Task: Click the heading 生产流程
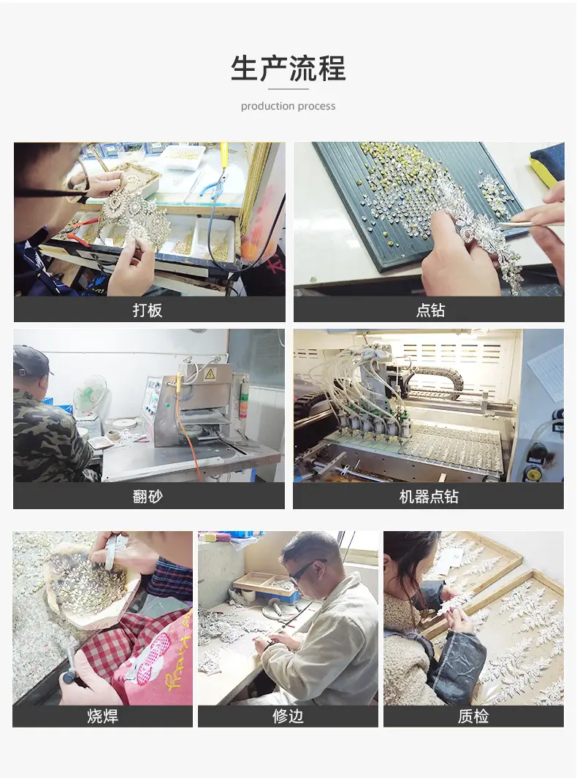(288, 68)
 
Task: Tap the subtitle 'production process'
(288, 106)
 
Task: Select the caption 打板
(148, 310)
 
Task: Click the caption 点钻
(430, 310)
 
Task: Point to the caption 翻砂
(148, 496)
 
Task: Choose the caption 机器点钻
(429, 496)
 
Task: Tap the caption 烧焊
(103, 716)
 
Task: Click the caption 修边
(288, 716)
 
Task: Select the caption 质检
(473, 716)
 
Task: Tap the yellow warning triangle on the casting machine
(210, 374)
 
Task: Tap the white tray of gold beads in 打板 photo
(182, 158)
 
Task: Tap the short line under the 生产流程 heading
(288, 89)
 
